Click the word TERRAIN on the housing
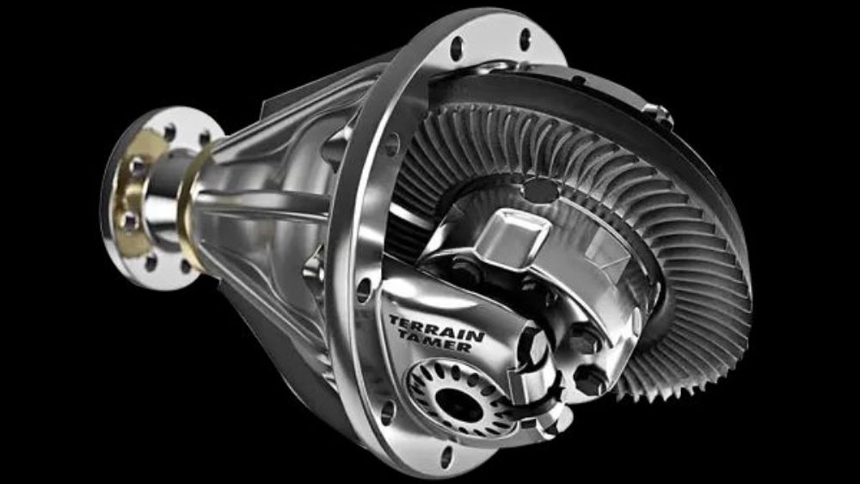pos(437,328)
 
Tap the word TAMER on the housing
pos(435,340)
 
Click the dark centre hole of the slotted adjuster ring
pos(459,405)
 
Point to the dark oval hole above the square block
pos(540,190)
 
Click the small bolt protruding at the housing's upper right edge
pos(658,115)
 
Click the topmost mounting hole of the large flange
pos(525,39)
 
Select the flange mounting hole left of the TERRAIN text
pos(364,290)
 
